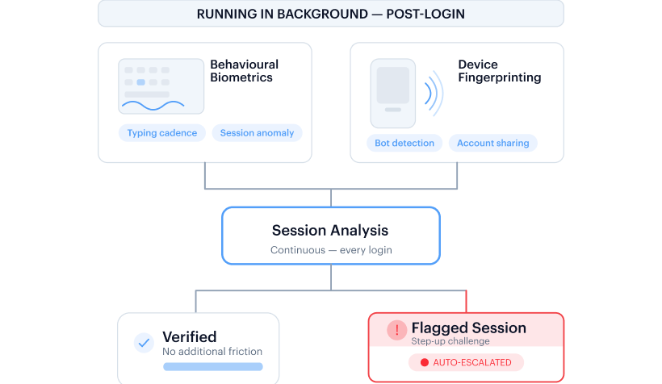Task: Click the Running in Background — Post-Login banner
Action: [331, 14]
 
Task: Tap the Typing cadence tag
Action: [162, 133]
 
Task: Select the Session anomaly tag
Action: [257, 133]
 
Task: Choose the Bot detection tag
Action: [404, 143]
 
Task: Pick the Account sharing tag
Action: [493, 143]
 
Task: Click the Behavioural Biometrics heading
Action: [245, 71]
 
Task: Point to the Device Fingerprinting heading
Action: [500, 71]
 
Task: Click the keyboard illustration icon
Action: [161, 86]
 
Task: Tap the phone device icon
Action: [393, 94]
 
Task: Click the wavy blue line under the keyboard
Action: [153, 106]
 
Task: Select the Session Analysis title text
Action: [330, 231]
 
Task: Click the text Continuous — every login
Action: [331, 250]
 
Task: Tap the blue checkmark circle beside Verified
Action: [144, 343]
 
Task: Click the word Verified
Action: [190, 336]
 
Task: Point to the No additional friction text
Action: [212, 352]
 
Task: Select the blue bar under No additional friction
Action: [213, 367]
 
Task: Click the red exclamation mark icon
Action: [397, 330]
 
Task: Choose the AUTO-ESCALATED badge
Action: [466, 362]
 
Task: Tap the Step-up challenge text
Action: [450, 341]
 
